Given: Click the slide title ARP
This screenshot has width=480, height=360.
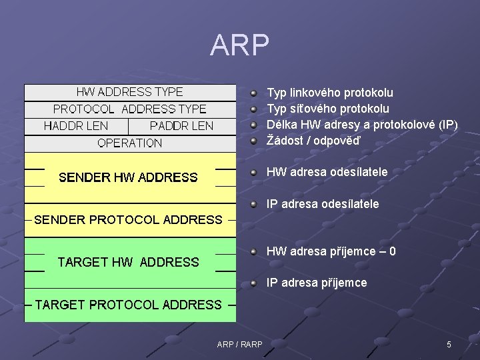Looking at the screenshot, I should coord(239,45).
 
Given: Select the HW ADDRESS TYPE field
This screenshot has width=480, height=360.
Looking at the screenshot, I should coord(129,92).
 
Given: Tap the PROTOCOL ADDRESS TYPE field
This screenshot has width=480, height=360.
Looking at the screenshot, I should coord(129,109).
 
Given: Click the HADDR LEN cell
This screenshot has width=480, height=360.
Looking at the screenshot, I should coord(75,126).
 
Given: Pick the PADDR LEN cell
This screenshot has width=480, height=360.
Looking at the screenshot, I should coord(181,126).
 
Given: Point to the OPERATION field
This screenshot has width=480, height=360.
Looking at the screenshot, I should coord(129,143).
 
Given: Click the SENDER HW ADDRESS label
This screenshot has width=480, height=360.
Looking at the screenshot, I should coord(128,177).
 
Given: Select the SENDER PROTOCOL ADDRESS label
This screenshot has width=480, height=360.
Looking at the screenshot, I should coord(128,219).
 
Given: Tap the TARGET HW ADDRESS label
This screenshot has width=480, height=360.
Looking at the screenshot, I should coord(128,262).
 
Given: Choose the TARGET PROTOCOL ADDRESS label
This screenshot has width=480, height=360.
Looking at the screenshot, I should coord(128,305).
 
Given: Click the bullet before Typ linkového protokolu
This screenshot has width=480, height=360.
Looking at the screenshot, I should coord(255,93).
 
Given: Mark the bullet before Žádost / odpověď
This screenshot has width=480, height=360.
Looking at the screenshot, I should coord(255,140).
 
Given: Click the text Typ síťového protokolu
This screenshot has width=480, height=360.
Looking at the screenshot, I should coord(328,109).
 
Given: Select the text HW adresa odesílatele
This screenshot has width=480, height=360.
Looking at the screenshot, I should coord(327,172).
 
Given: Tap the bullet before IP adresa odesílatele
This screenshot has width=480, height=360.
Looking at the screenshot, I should coord(255,203).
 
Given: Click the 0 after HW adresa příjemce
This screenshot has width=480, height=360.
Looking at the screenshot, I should coord(393,251).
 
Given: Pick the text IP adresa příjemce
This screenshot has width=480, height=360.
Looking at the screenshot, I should coord(317,283).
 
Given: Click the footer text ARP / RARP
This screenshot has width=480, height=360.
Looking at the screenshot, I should coord(239,344).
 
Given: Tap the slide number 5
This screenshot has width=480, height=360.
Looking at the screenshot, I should coord(449,344).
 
